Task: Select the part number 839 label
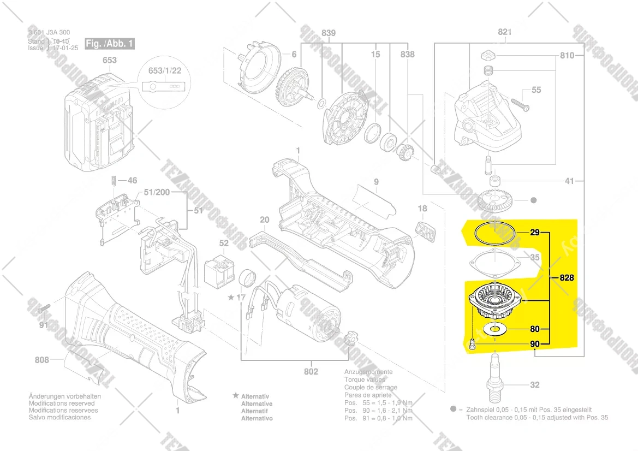[x=329, y=33]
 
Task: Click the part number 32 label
[x=534, y=385]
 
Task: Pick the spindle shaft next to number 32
[x=496, y=377]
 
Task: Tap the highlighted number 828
[x=567, y=278]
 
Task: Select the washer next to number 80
[x=496, y=329]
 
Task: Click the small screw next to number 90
[x=473, y=344]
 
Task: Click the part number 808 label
[x=41, y=360]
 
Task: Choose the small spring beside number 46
[x=113, y=180]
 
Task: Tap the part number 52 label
[x=224, y=244]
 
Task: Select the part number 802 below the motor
[x=311, y=372]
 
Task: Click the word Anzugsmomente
[x=368, y=372]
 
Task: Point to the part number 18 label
[x=422, y=209]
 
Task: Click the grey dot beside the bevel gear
[x=533, y=201]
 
